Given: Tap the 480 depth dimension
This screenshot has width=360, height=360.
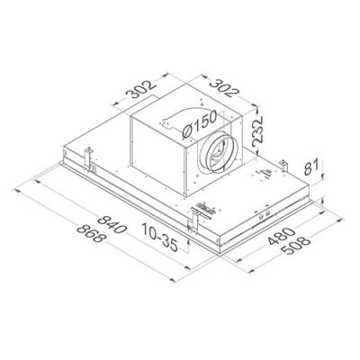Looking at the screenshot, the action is point(280,236).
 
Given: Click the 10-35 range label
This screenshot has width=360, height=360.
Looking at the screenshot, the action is point(159,237).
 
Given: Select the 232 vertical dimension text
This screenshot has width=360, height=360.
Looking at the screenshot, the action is point(257,132).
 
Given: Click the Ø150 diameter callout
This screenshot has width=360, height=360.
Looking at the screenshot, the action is point(199,123).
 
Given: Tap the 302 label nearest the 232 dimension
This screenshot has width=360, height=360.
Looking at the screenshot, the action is point(224,88).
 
